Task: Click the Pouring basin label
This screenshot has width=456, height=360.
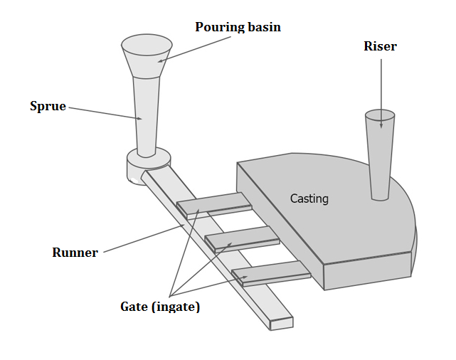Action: point(238,27)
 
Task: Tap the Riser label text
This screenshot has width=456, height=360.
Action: point(380,47)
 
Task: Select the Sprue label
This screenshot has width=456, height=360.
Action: point(48,106)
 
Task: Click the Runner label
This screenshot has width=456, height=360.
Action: point(75,253)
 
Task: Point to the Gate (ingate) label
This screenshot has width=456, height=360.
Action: point(160,307)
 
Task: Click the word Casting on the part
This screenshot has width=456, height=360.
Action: point(309,198)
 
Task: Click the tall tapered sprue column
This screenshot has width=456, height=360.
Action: point(147,114)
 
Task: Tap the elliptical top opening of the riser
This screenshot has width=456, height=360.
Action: point(379,115)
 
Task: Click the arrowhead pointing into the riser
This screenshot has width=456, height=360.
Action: point(381,126)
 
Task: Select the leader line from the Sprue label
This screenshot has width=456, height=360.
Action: point(103,113)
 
